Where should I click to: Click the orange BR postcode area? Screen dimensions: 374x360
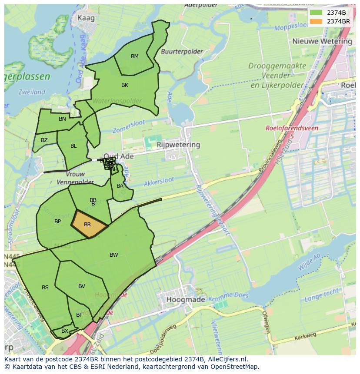89,225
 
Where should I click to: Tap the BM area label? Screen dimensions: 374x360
135,56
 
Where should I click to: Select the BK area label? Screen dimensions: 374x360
125,85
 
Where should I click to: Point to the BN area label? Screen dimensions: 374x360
62,119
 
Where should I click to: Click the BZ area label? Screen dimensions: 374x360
44,140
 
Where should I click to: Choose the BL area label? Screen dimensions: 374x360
73,146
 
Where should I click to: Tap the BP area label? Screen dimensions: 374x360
57,222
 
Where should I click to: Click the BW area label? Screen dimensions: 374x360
113,255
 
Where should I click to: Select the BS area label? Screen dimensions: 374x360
45,288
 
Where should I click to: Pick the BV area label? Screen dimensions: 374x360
82,286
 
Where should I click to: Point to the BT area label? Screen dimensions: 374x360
79,315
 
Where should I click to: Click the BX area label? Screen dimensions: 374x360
64,331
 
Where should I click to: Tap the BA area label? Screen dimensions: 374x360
120,186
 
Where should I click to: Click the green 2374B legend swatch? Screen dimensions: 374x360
316,13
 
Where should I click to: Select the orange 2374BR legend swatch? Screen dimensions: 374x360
316,21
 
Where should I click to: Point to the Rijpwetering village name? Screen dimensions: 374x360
178,145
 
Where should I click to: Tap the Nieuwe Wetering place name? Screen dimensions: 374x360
322,41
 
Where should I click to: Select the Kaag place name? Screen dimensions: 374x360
86,18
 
